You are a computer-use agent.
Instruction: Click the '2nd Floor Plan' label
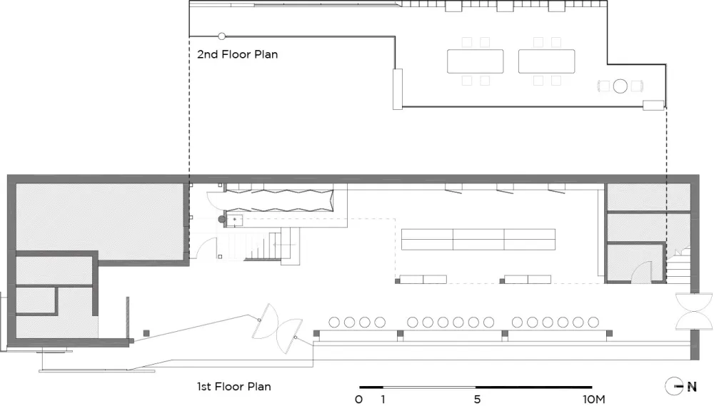(x=237, y=54)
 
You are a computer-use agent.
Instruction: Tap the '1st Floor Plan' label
(x=234, y=387)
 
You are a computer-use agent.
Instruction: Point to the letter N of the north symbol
(x=692, y=387)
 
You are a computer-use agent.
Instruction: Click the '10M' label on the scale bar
(x=594, y=400)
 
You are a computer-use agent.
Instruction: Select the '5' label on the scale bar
(x=477, y=400)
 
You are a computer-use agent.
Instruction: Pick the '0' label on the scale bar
(x=359, y=400)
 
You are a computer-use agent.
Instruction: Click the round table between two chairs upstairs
(x=620, y=86)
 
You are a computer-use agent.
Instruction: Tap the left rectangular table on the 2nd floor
(x=476, y=61)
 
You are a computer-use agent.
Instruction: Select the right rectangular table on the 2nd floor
(x=546, y=61)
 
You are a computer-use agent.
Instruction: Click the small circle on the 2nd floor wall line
(x=222, y=36)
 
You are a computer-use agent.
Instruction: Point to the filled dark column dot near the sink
(x=222, y=219)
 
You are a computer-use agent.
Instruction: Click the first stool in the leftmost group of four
(x=334, y=323)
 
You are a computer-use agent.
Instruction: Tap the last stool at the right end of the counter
(x=593, y=323)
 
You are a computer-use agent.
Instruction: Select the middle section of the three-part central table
(x=478, y=240)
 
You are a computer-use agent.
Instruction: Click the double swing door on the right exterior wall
(x=694, y=311)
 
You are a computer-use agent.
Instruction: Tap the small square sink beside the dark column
(x=234, y=220)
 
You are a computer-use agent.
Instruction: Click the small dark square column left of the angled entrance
(x=146, y=333)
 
